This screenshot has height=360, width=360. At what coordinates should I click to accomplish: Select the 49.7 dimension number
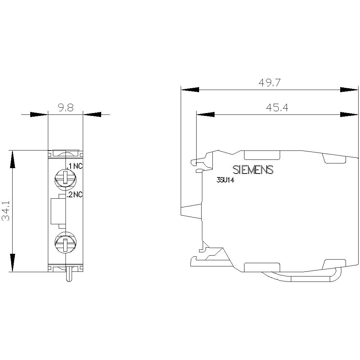(x=269, y=83)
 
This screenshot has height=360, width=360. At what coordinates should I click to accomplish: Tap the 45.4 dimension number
(x=277, y=108)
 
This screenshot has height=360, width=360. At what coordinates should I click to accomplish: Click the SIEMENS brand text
(x=253, y=170)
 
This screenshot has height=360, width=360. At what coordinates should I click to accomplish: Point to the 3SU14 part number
(x=225, y=181)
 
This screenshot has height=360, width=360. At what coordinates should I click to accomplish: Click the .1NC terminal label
(x=75, y=166)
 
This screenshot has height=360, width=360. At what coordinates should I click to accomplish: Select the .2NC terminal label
(x=75, y=195)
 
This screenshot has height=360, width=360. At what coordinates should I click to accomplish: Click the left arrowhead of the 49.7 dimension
(x=190, y=89)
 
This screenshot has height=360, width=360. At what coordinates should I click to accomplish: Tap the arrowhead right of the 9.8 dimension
(x=92, y=114)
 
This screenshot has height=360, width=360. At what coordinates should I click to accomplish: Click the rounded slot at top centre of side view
(x=262, y=155)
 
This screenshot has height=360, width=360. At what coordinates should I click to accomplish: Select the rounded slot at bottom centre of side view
(x=262, y=267)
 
